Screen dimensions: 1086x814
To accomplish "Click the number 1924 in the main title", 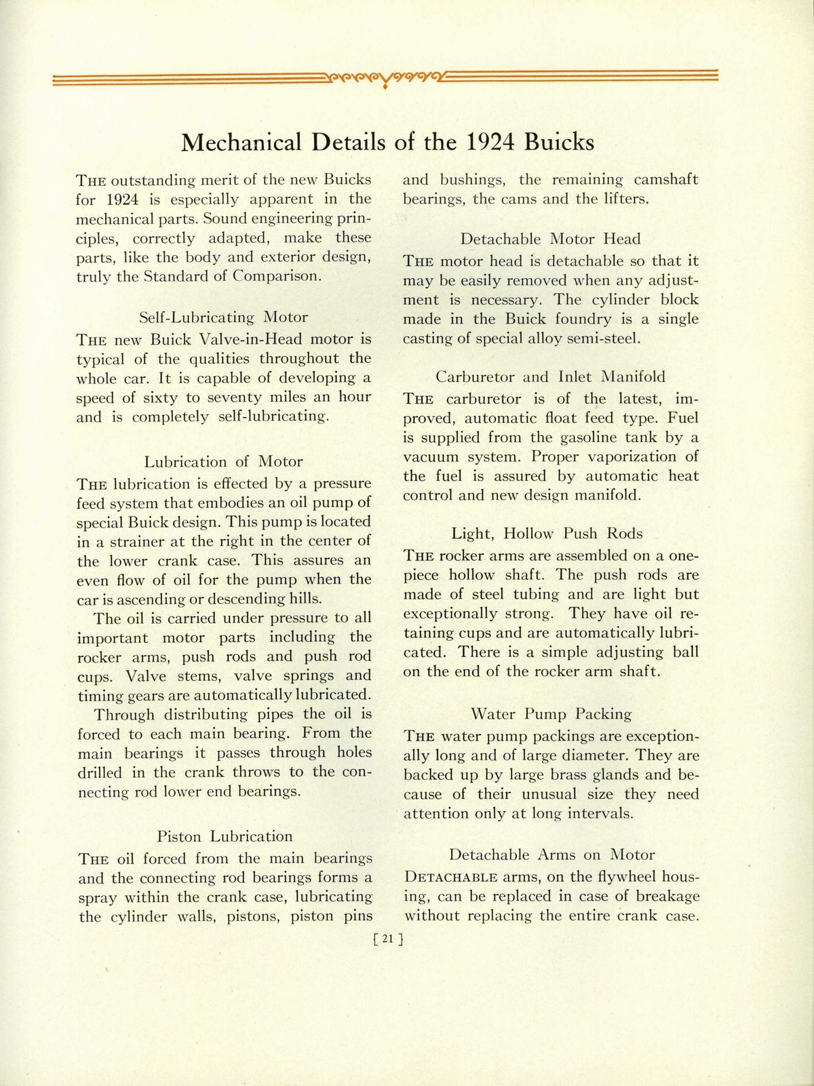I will click(x=484, y=143).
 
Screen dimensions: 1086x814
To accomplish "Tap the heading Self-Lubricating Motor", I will click(x=223, y=317).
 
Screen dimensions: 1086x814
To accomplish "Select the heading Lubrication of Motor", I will click(x=223, y=462).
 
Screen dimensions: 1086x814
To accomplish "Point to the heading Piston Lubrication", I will click(x=225, y=836).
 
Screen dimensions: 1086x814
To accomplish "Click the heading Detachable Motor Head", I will click(x=550, y=239).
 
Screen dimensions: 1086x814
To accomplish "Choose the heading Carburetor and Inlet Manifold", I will click(x=550, y=376).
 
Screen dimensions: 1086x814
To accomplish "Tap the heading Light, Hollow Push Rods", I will click(x=547, y=533).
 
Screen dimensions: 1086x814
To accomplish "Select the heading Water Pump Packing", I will click(x=551, y=714).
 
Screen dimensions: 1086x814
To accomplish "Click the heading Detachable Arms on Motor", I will click(x=551, y=855).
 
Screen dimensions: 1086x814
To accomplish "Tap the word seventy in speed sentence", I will click(x=242, y=397).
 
